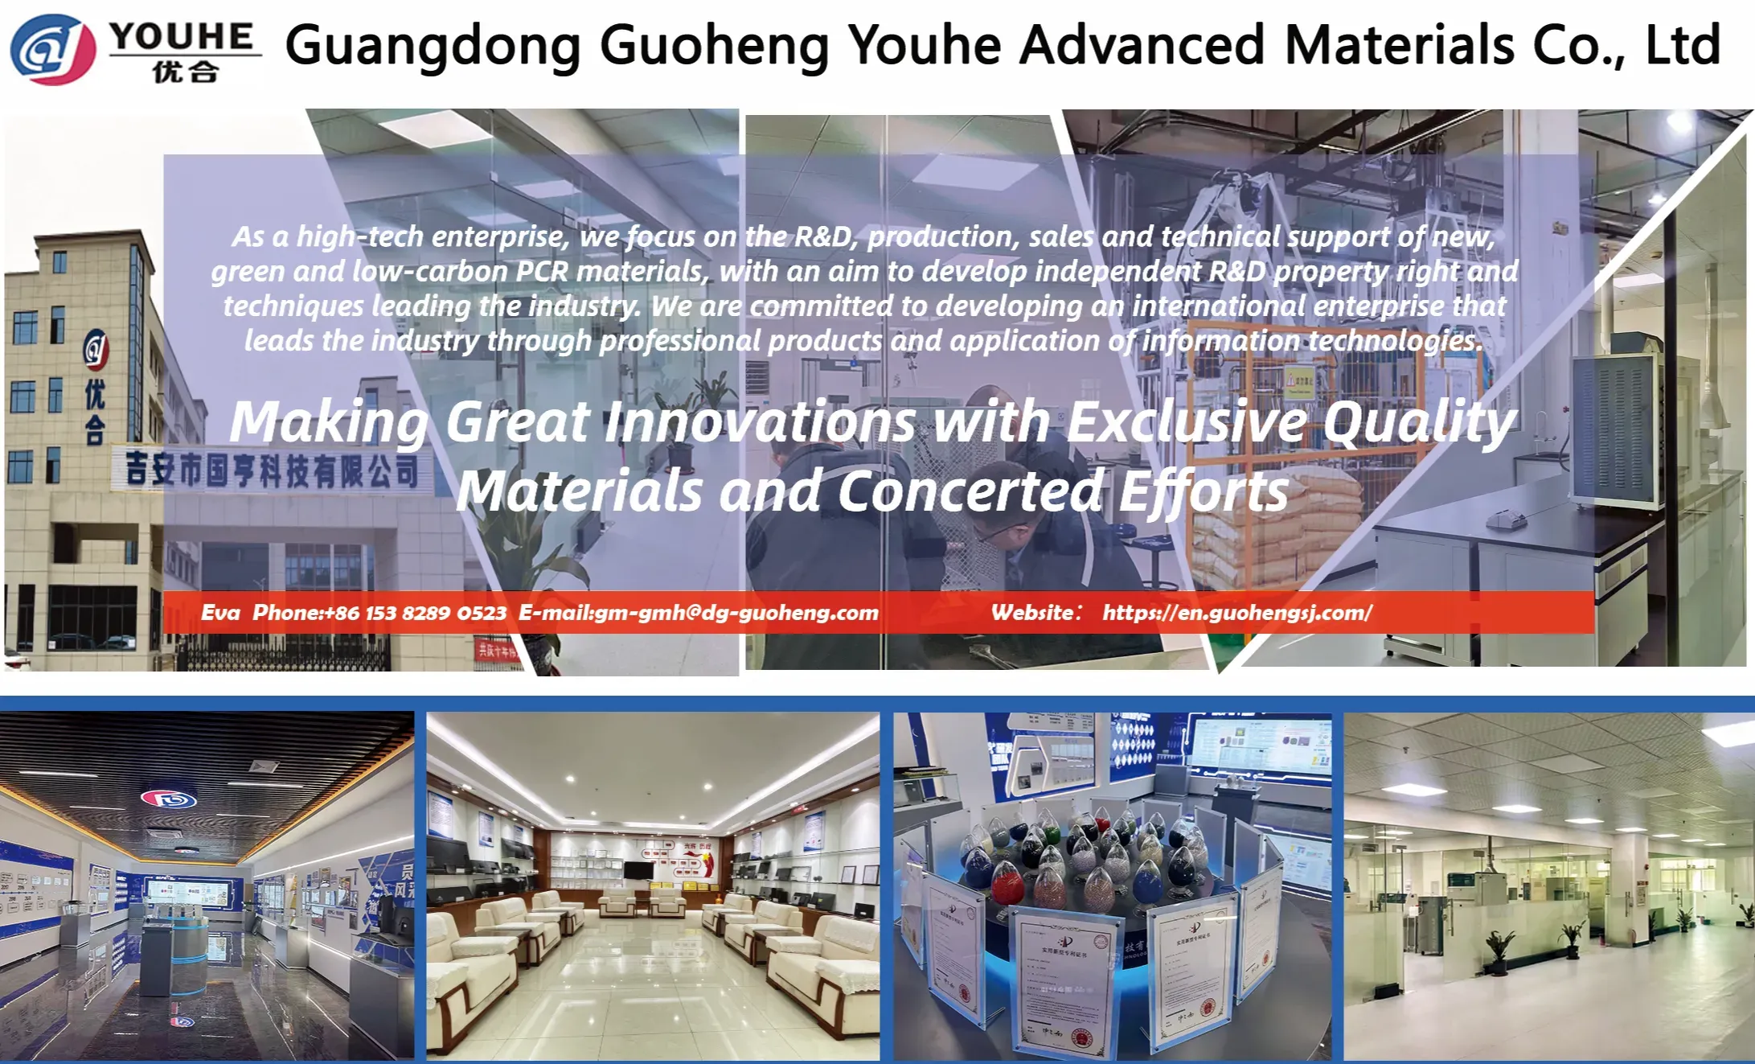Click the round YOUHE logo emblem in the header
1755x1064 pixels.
click(x=53, y=50)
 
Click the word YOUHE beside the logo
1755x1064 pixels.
click(x=182, y=37)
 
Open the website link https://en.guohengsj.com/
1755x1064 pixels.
click(x=1237, y=613)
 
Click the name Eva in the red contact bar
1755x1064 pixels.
click(x=220, y=613)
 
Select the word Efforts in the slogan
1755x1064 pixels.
click(x=1203, y=491)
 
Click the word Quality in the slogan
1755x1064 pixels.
click(x=1419, y=421)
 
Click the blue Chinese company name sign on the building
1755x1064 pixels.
click(x=272, y=470)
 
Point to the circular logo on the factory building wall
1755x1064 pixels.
click(x=96, y=348)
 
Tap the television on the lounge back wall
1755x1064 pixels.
click(x=638, y=870)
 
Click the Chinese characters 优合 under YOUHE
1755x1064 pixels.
click(x=185, y=72)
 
